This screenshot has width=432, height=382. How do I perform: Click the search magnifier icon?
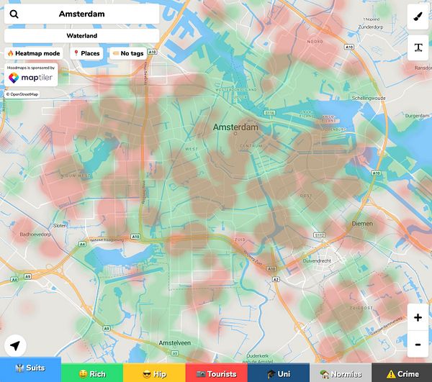[x=14, y=14]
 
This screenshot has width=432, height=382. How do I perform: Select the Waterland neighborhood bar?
[x=81, y=35]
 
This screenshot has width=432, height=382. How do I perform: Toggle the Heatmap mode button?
[x=33, y=53]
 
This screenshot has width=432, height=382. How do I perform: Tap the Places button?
[x=86, y=53]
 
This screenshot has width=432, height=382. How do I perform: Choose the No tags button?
[x=127, y=53]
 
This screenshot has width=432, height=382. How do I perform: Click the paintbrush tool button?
[x=418, y=16]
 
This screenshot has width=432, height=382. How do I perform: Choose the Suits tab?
[x=30, y=373]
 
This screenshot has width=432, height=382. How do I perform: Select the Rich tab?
[x=92, y=373]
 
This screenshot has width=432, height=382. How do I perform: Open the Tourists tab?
[x=216, y=373]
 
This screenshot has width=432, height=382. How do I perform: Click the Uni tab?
[x=278, y=373]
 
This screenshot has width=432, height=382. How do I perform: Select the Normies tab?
[x=340, y=373]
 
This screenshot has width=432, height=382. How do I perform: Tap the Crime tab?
[x=402, y=373]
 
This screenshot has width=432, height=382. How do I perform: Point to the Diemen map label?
[x=362, y=223]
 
